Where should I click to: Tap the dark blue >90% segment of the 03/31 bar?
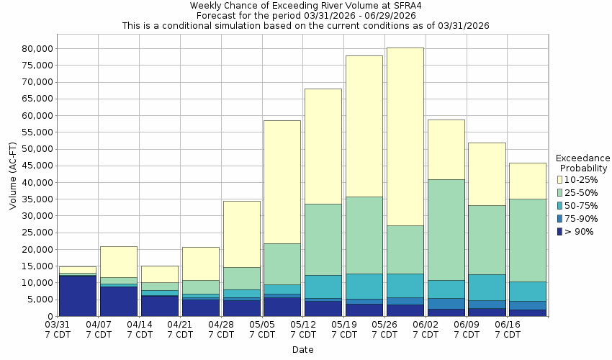[78, 296]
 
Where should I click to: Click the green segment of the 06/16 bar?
[527, 240]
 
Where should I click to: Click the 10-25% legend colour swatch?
[561, 179]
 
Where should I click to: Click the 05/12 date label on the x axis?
[303, 330]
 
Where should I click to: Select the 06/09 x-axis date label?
[467, 330]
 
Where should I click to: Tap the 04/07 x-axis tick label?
[99, 330]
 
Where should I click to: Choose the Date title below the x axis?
[302, 350]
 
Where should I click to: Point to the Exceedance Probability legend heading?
[584, 163]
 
